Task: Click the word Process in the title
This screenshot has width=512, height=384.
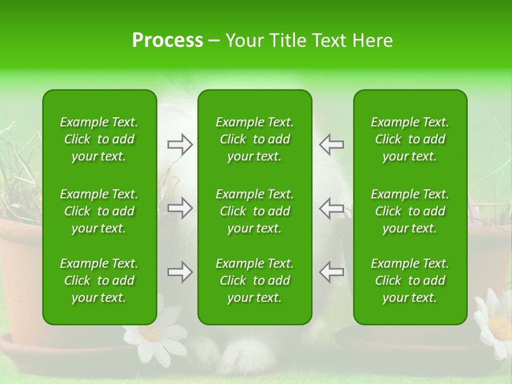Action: [x=167, y=41]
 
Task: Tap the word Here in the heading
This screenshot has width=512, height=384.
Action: [x=372, y=41]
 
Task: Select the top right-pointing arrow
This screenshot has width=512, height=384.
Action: [x=180, y=145]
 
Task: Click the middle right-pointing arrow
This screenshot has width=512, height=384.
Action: [x=180, y=208]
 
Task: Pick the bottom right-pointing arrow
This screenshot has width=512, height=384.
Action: [x=180, y=272]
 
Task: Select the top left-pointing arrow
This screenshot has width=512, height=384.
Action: [x=332, y=145]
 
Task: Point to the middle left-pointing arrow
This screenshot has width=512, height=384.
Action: [x=332, y=208]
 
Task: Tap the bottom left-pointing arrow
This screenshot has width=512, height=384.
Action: [x=332, y=272]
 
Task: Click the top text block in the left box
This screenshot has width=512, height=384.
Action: [x=99, y=139]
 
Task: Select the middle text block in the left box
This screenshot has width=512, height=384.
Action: [x=99, y=211]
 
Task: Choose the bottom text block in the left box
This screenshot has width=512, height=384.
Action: [x=99, y=281]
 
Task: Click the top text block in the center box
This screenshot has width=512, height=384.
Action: [x=254, y=139]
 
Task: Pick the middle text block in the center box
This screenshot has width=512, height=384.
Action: [x=254, y=211]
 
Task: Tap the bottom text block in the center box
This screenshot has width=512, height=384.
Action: [x=254, y=281]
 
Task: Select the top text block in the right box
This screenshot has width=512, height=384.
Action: [x=410, y=139]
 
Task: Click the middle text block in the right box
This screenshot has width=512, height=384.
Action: [x=410, y=211]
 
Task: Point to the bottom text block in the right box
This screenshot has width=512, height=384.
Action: [x=410, y=281]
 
